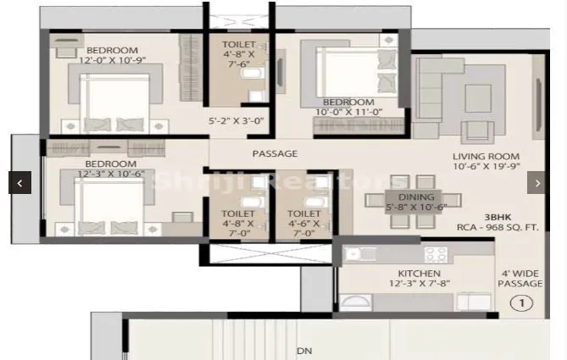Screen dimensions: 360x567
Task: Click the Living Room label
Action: [485, 157]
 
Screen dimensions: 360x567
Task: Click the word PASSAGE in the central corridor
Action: [275, 154]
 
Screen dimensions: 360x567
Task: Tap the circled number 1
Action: [525, 302]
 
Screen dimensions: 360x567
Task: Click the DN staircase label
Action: [303, 350]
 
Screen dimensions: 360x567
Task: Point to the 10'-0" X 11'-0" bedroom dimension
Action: [349, 112]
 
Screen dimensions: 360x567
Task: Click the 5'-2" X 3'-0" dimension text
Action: [236, 121]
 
